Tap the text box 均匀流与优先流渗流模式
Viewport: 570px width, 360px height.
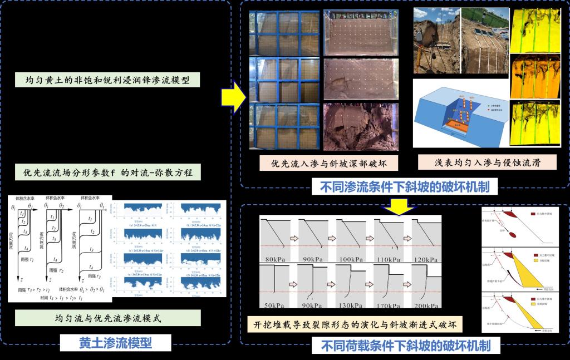(108, 319)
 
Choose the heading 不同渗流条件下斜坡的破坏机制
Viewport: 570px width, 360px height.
(405, 188)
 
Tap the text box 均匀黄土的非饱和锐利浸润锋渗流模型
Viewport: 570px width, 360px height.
(108, 80)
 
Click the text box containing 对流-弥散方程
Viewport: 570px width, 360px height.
(108, 172)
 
